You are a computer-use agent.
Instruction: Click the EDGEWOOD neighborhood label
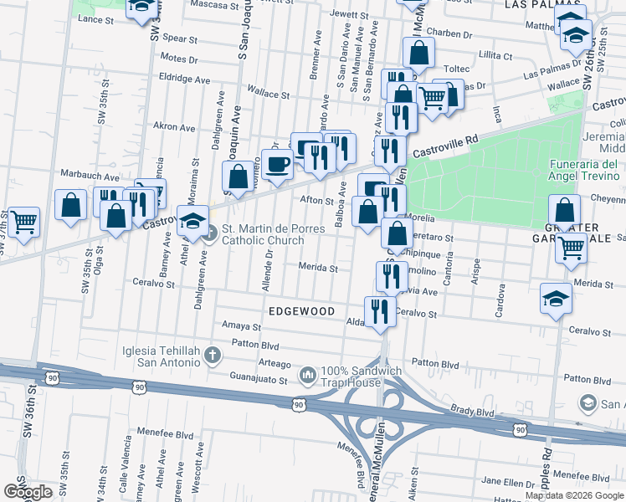(x=301, y=311)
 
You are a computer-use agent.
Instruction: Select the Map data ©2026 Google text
(x=574, y=495)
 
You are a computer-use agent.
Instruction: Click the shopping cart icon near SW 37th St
(x=24, y=223)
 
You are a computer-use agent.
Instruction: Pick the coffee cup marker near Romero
(x=276, y=164)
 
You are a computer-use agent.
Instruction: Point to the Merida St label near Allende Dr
(x=319, y=269)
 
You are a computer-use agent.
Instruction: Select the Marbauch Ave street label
(x=90, y=177)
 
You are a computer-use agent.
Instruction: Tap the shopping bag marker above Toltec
(x=418, y=53)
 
